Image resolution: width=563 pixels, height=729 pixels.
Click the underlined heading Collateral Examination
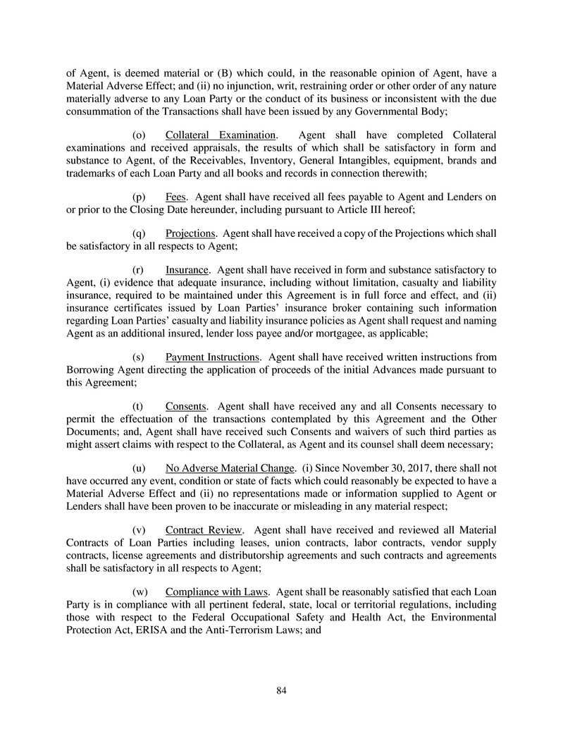click(x=220, y=135)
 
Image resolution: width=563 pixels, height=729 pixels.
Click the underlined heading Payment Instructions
click(x=212, y=357)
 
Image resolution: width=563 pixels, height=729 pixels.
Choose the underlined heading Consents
click(x=185, y=406)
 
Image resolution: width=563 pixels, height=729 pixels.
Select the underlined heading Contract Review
click(x=204, y=529)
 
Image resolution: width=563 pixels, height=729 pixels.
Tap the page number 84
click(x=281, y=690)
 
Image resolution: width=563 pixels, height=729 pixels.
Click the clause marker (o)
click(x=140, y=135)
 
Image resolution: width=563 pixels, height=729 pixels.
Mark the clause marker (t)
click(x=138, y=406)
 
